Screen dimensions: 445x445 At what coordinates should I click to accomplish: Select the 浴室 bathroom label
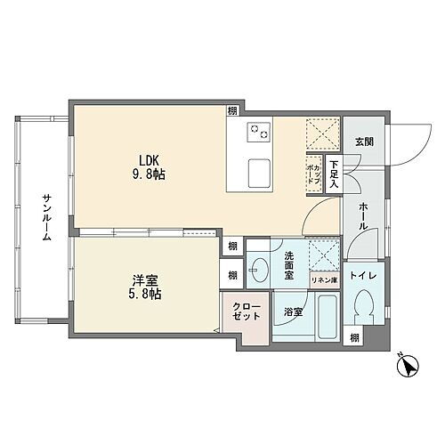point(293,313)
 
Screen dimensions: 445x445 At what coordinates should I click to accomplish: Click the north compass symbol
point(408,366)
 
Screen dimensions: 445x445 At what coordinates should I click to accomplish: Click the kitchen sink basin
point(260,170)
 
